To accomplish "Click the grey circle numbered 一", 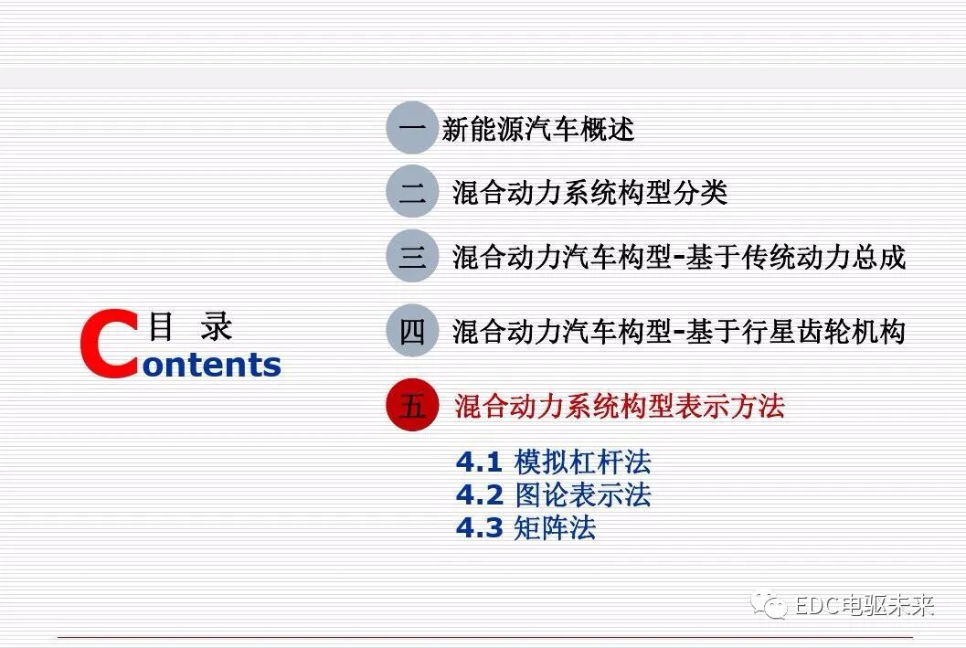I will pyautogui.click(x=412, y=128).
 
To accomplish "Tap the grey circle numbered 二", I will pyautogui.click(x=412, y=192).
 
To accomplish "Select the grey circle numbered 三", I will pyautogui.click(x=412, y=257).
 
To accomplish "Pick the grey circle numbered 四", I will pyautogui.click(x=412, y=331).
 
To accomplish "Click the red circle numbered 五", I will pyautogui.click(x=412, y=406).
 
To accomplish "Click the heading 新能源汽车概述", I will pyautogui.click(x=537, y=129).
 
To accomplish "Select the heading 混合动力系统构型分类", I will pyautogui.click(x=589, y=193).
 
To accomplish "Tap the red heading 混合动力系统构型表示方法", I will pyautogui.click(x=619, y=406).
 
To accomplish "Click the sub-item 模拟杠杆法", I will pyautogui.click(x=582, y=462).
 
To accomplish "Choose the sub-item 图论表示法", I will pyautogui.click(x=582, y=495).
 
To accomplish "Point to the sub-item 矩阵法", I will pyautogui.click(x=555, y=528).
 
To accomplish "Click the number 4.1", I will pyautogui.click(x=479, y=462).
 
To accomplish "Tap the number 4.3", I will pyautogui.click(x=479, y=528).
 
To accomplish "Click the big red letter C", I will pyautogui.click(x=108, y=345).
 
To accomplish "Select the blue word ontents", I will pyautogui.click(x=212, y=365).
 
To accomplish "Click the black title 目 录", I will pyautogui.click(x=190, y=326).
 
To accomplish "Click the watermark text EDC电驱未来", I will pyautogui.click(x=865, y=605).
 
